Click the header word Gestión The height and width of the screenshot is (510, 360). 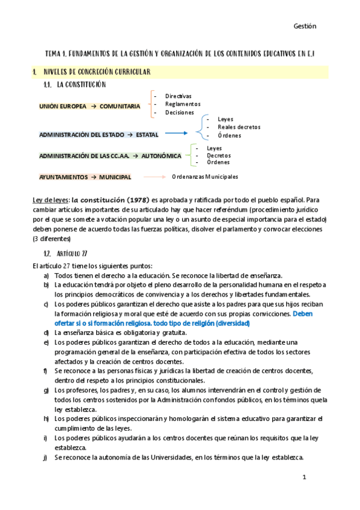pyautogui.click(x=305, y=26)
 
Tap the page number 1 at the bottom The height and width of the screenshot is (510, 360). pyautogui.click(x=305, y=477)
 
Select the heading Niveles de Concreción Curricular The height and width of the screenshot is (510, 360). pyautogui.click(x=97, y=72)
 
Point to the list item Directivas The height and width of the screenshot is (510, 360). pyautogui.click(x=178, y=96)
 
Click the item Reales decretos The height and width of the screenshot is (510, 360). pyautogui.click(x=239, y=127)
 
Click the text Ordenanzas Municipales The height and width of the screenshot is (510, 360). pyautogui.click(x=205, y=177)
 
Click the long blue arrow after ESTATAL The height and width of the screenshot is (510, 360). pyautogui.click(x=174, y=134)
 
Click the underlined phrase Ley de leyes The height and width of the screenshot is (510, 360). pyautogui.click(x=50, y=199)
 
